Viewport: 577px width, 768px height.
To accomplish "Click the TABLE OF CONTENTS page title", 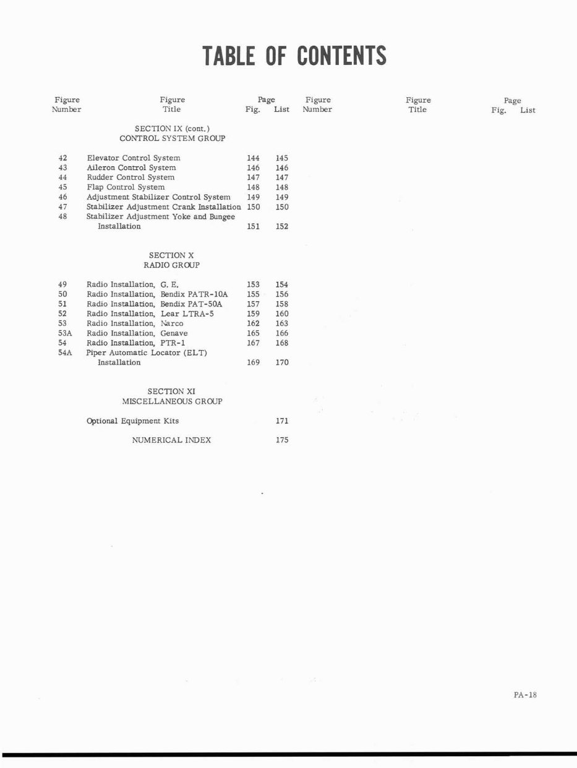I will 294,56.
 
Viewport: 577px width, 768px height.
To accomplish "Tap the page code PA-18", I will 525,694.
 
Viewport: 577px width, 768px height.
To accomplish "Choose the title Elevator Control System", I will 134,158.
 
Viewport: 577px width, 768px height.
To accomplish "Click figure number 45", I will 62,187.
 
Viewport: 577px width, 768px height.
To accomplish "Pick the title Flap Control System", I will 126,187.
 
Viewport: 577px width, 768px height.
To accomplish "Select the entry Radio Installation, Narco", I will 135,323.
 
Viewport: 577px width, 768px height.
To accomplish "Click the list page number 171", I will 282,421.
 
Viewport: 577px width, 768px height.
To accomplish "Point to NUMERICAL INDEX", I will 171,440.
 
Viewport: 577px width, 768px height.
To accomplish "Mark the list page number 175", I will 282,440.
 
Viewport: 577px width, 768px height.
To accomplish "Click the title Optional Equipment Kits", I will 132,421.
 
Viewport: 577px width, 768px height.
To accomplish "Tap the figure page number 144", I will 253,158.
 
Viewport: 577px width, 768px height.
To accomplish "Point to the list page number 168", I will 282,343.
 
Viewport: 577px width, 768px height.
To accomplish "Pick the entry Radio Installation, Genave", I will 137,333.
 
